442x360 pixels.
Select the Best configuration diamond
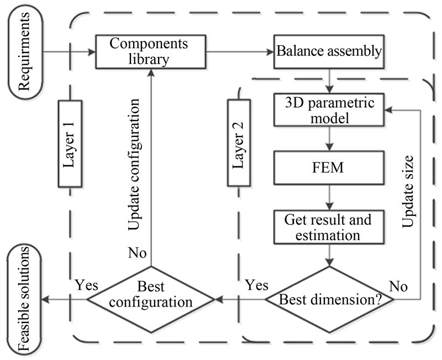pyautogui.click(x=151, y=300)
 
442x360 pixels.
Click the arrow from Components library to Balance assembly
pyautogui.click(x=241, y=52)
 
